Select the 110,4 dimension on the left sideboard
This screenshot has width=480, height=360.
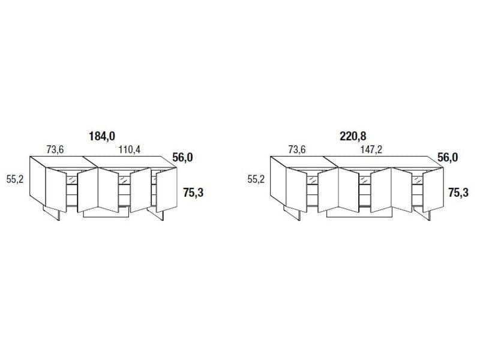(x=128, y=150)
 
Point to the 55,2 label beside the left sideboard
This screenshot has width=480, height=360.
(x=15, y=178)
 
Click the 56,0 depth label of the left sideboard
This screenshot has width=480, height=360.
(x=182, y=157)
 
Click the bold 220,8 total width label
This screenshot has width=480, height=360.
(x=353, y=136)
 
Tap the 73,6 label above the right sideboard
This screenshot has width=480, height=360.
(x=298, y=150)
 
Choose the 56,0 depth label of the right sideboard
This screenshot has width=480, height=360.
(x=447, y=157)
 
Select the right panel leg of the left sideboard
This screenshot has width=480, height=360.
(x=160, y=214)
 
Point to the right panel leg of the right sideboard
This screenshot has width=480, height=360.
(x=427, y=214)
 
